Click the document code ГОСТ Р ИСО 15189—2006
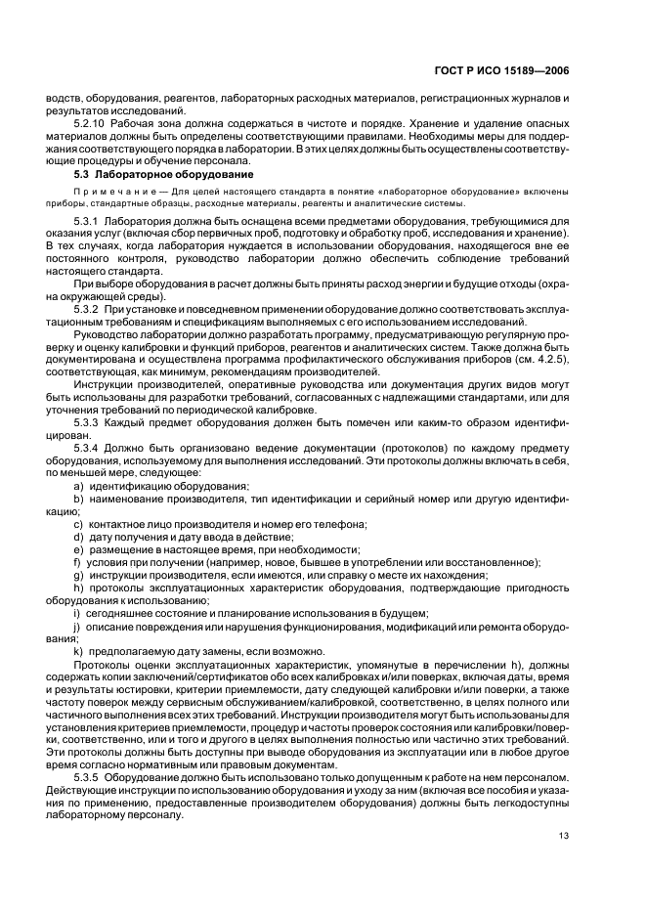(x=509, y=69)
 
